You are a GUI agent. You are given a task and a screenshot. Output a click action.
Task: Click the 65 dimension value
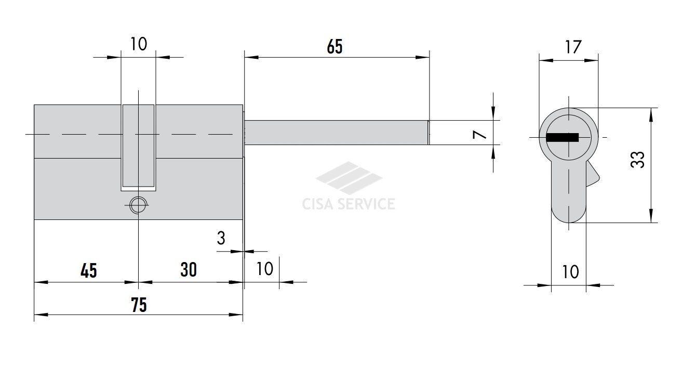(335, 47)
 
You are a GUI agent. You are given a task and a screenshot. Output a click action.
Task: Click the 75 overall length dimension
(139, 305)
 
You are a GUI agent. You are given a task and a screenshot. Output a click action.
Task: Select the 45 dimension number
(89, 270)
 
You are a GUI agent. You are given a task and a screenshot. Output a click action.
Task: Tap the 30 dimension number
(189, 270)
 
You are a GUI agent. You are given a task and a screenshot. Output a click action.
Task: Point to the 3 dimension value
(221, 238)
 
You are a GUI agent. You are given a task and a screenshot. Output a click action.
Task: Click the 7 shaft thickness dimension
(479, 135)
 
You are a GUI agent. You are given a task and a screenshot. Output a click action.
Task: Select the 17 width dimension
(573, 47)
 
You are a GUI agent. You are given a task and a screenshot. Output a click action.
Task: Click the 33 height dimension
(637, 160)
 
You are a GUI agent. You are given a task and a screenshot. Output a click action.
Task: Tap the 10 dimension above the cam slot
(138, 44)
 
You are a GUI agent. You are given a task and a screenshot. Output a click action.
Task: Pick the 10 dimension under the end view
(570, 272)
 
